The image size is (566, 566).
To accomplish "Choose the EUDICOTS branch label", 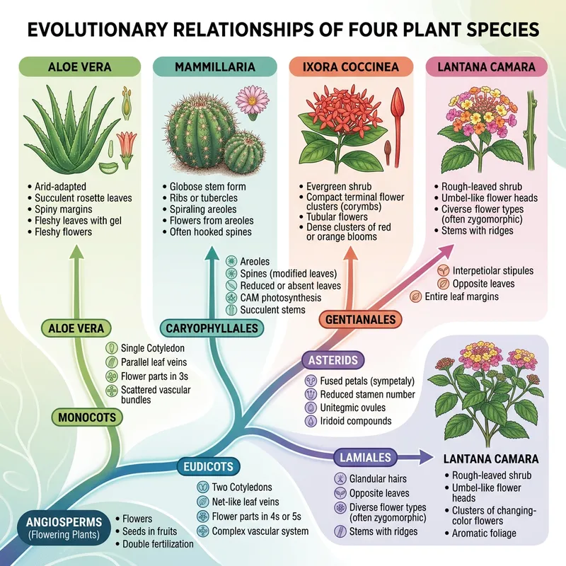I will (x=209, y=467).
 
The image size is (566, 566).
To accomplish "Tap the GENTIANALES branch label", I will (x=359, y=320).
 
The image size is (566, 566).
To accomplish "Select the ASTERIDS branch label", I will (x=334, y=360).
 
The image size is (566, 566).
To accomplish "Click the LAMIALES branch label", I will (x=364, y=458).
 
